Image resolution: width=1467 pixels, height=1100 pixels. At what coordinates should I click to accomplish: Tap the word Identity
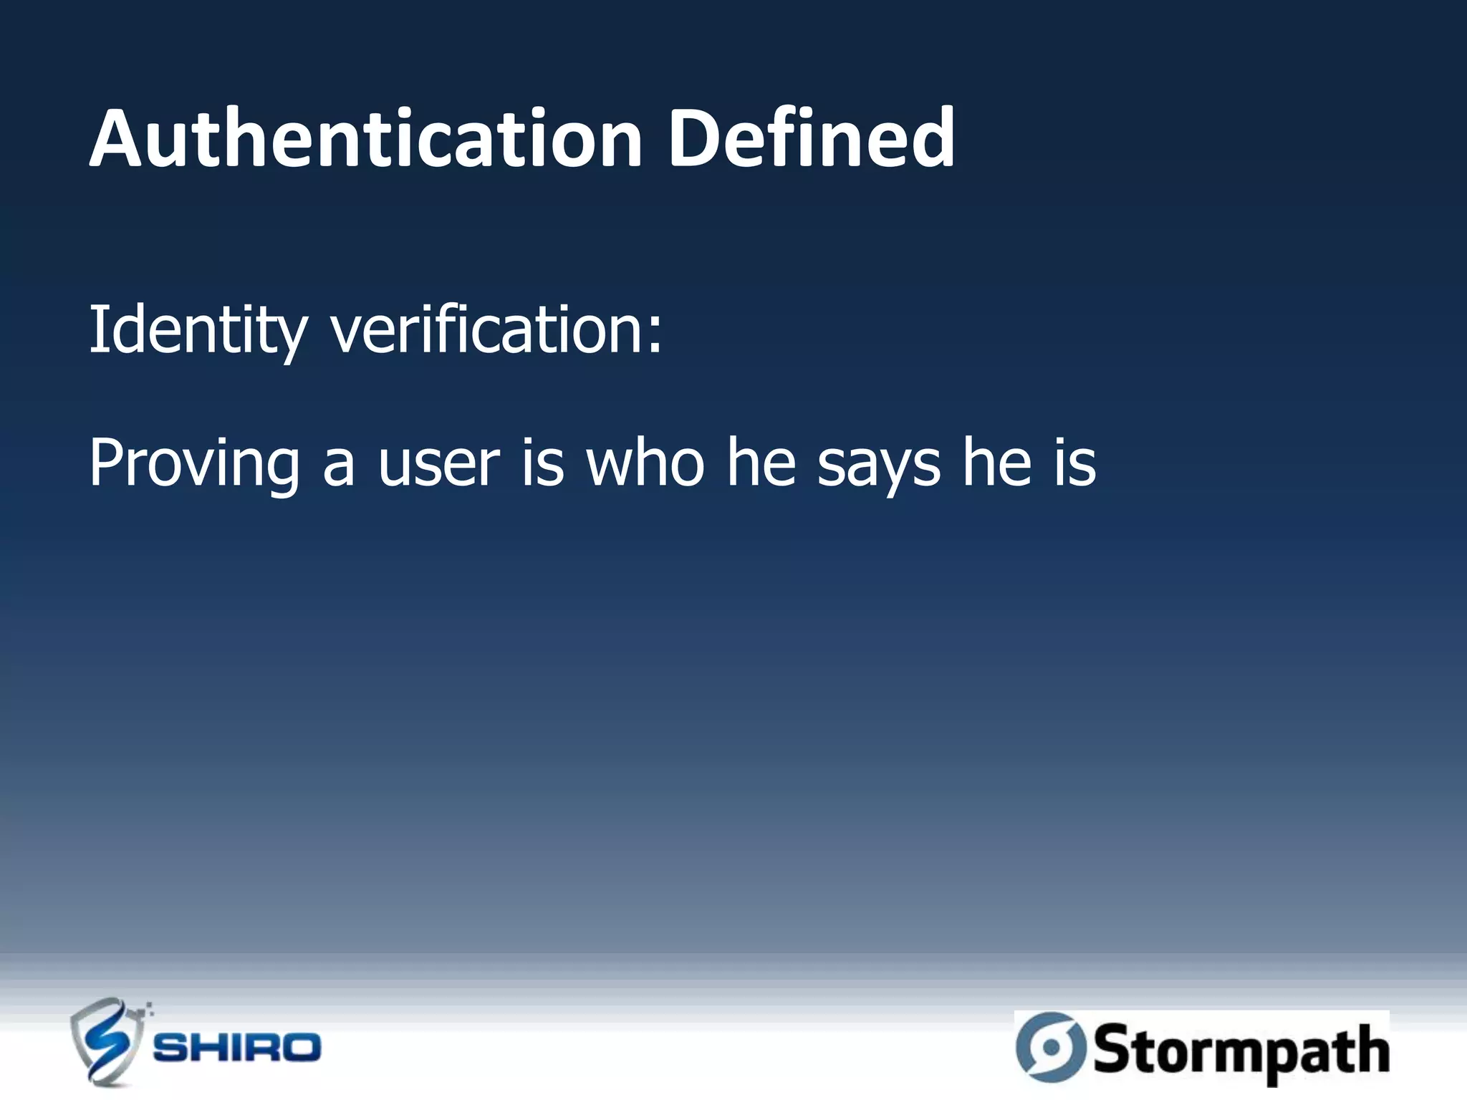pyautogui.click(x=198, y=331)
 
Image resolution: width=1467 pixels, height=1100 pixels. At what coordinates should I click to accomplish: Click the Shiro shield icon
pyautogui.click(x=107, y=1041)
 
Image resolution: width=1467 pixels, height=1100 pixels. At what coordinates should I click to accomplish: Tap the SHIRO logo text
pyautogui.click(x=237, y=1048)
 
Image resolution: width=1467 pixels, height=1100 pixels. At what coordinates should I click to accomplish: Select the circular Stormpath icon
pyautogui.click(x=1050, y=1047)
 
